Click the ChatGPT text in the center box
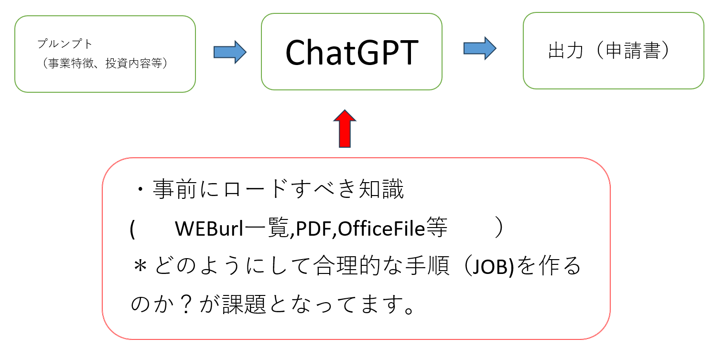tap(352, 52)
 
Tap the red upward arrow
tap(345, 129)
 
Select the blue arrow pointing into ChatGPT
tap(230, 52)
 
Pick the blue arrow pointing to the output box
tap(480, 48)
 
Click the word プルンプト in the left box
tap(65, 44)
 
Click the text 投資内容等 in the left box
tap(134, 63)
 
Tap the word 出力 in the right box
tap(566, 50)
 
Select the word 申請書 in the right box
tap(633, 50)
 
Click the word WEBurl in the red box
tap(209, 228)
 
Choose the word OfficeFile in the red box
tap(381, 228)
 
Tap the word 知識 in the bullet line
tap(381, 189)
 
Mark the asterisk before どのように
tap(140, 266)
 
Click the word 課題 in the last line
tap(244, 304)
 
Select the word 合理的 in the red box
tap(346, 265)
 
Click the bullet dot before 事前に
tap(140, 189)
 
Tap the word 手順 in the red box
tap(427, 265)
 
